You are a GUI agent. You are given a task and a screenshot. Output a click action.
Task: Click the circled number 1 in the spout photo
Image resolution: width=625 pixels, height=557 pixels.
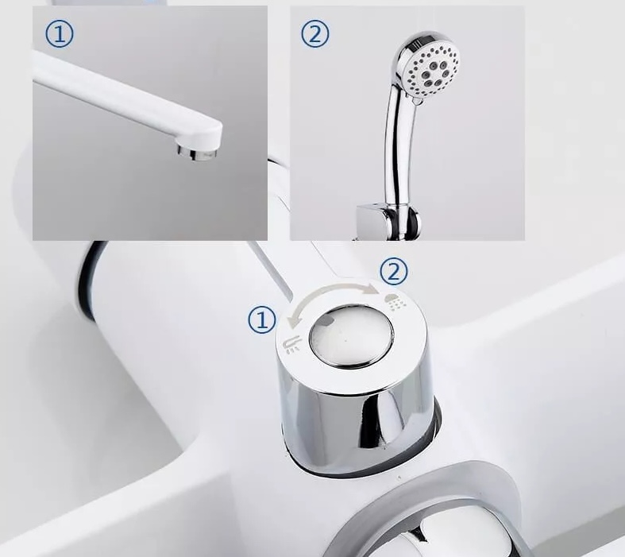(x=60, y=34)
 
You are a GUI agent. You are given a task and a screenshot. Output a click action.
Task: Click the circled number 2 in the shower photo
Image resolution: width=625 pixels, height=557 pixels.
(x=315, y=34)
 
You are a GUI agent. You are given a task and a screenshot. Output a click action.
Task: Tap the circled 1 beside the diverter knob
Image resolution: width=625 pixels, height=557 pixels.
(x=262, y=319)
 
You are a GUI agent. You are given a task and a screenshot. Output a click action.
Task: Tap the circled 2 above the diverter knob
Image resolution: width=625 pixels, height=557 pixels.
(x=394, y=272)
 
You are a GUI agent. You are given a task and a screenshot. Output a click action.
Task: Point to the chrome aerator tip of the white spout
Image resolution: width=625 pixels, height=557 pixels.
(x=197, y=153)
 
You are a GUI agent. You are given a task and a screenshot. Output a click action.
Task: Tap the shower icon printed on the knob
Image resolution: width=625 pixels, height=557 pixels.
(x=395, y=302)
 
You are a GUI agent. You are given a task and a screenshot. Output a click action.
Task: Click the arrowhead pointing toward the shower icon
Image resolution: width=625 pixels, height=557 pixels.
(x=374, y=288)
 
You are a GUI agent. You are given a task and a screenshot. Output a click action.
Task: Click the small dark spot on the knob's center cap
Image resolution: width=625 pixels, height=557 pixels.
(x=327, y=320)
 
